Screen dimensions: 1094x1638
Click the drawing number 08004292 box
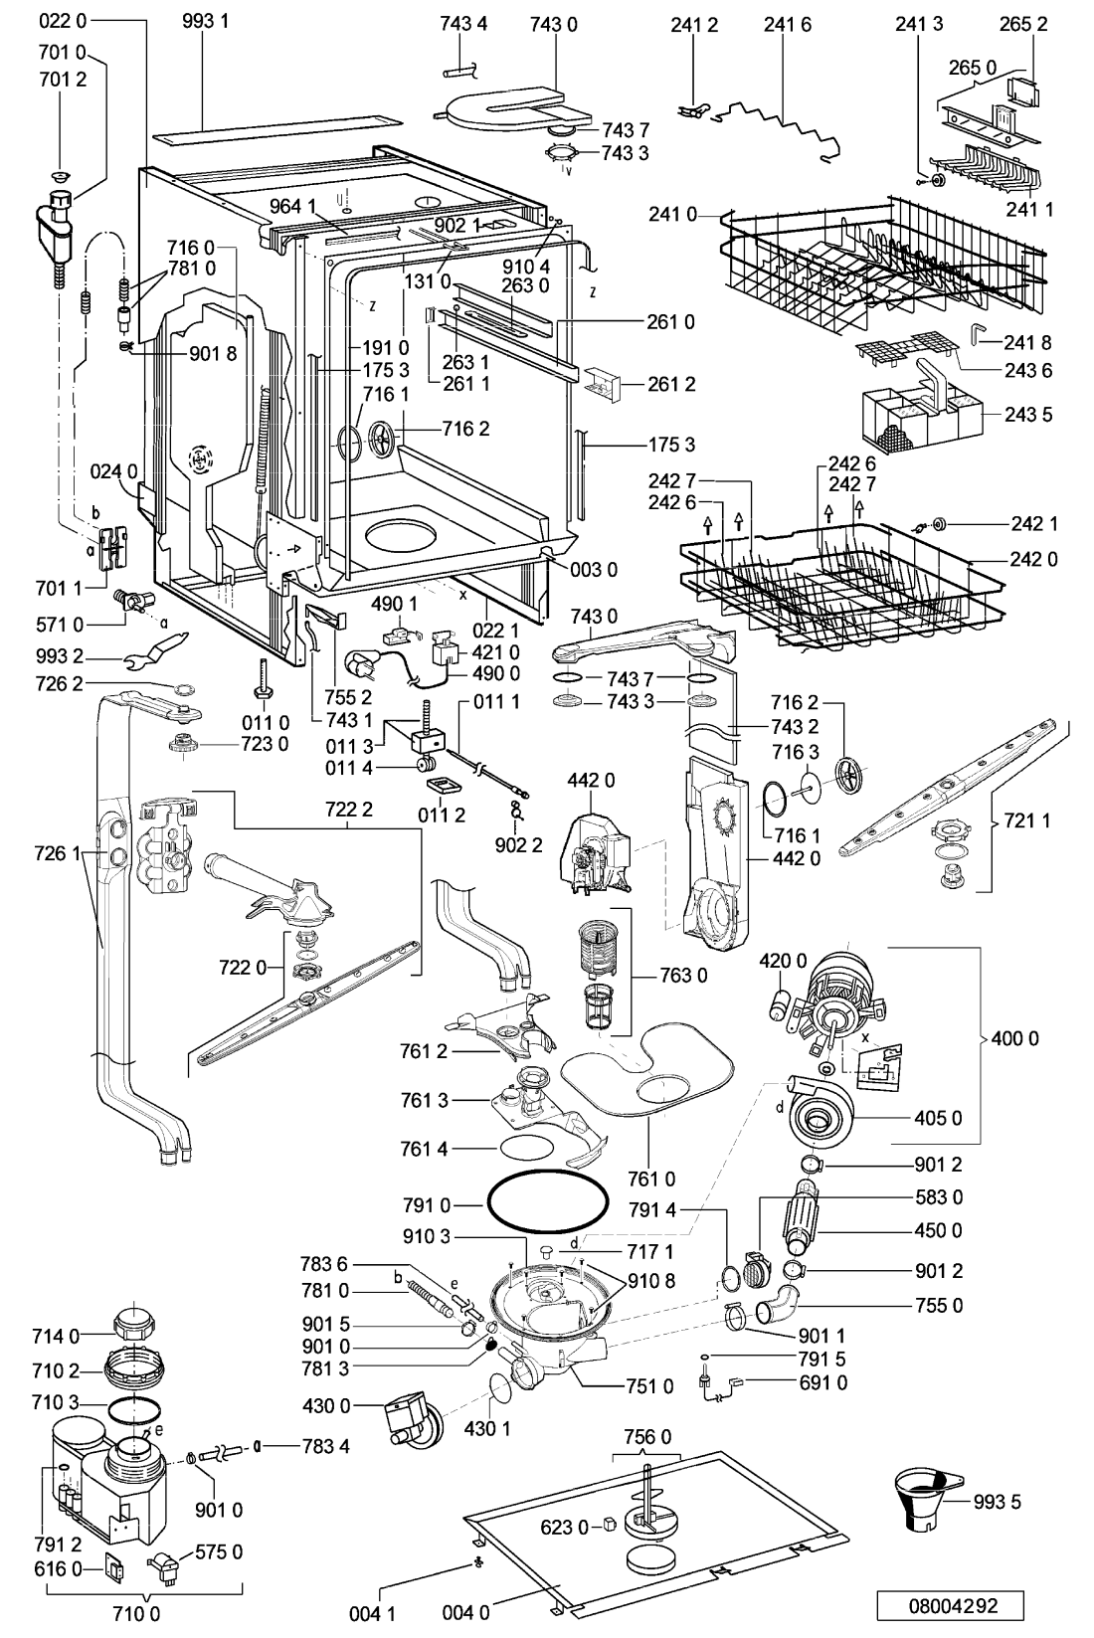[x=951, y=1605]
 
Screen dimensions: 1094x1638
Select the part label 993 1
[x=206, y=21]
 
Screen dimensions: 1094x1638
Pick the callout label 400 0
[x=1014, y=1038]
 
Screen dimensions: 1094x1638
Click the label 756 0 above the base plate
[x=647, y=1437]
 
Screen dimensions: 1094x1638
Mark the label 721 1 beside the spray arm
[x=1026, y=820]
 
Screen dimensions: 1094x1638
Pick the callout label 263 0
[x=525, y=285]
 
